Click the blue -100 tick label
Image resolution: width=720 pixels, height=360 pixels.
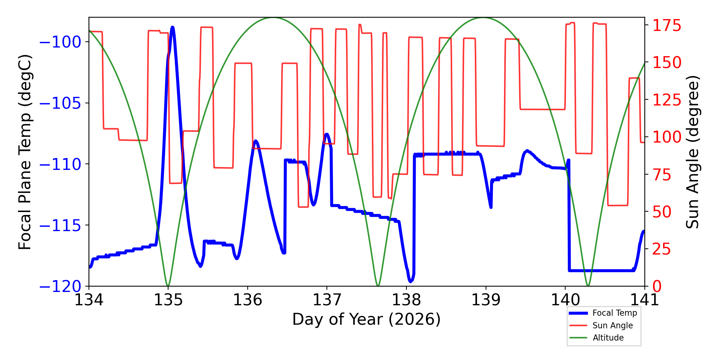point(60,42)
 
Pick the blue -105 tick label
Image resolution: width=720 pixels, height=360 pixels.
point(60,103)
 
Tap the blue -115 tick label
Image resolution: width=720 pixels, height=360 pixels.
point(60,226)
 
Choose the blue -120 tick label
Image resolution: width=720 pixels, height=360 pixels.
point(60,287)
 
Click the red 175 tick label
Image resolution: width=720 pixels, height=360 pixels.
point(667,26)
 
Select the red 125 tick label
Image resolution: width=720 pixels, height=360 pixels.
point(667,100)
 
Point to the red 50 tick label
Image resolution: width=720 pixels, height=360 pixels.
point(662,212)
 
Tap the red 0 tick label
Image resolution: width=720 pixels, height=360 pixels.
point(657,287)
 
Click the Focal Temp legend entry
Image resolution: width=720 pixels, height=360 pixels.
point(603,313)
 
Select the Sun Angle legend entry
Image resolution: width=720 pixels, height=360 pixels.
point(601,325)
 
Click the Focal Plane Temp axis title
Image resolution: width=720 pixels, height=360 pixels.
point(25,152)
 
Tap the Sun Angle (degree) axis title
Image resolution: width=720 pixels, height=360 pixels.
point(692,152)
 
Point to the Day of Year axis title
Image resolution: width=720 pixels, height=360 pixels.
point(366,319)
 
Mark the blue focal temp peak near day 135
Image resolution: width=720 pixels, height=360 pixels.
point(173,27)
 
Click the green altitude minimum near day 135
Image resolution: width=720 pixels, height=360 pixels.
point(168,286)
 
